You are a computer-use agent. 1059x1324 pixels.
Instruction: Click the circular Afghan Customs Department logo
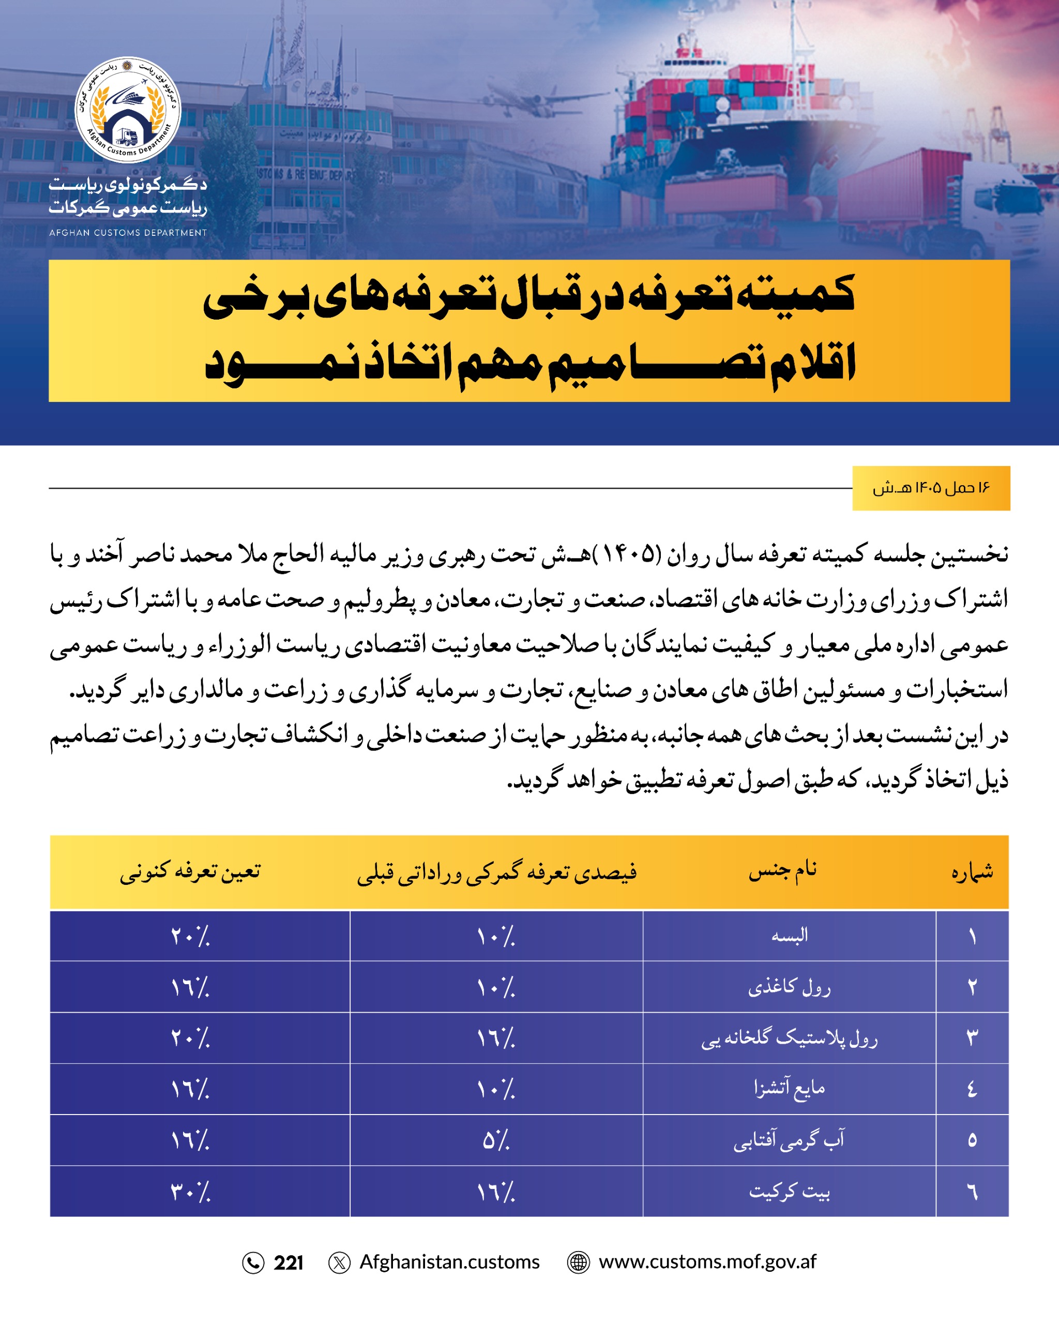[x=128, y=110]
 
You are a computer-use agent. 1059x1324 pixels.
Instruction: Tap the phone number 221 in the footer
[x=289, y=1262]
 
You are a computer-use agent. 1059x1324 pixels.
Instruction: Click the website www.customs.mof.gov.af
[x=707, y=1261]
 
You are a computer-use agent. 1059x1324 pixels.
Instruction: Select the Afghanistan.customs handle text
[x=449, y=1261]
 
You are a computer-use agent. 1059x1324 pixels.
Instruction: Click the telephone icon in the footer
[x=253, y=1263]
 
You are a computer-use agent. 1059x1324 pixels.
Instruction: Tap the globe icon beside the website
[x=578, y=1262]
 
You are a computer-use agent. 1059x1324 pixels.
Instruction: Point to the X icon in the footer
[x=340, y=1262]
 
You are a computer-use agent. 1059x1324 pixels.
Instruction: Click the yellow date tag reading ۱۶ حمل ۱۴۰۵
[x=931, y=488]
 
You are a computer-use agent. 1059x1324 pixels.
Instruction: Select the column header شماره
[x=972, y=872]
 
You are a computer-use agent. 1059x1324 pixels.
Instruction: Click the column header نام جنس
[x=783, y=871]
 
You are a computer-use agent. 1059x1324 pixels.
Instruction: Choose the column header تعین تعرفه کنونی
[x=190, y=872]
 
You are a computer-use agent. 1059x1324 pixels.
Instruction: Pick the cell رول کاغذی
[x=789, y=987]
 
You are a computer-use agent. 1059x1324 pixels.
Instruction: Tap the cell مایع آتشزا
[x=790, y=1089]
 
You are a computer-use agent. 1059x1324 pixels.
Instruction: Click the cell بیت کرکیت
[x=790, y=1192]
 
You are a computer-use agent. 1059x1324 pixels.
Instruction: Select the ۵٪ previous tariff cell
[x=496, y=1140]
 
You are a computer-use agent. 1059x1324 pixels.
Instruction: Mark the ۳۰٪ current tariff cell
[x=190, y=1192]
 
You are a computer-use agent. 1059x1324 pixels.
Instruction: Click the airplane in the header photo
[x=540, y=98]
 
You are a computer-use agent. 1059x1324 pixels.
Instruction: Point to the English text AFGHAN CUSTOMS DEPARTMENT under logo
[x=128, y=233]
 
